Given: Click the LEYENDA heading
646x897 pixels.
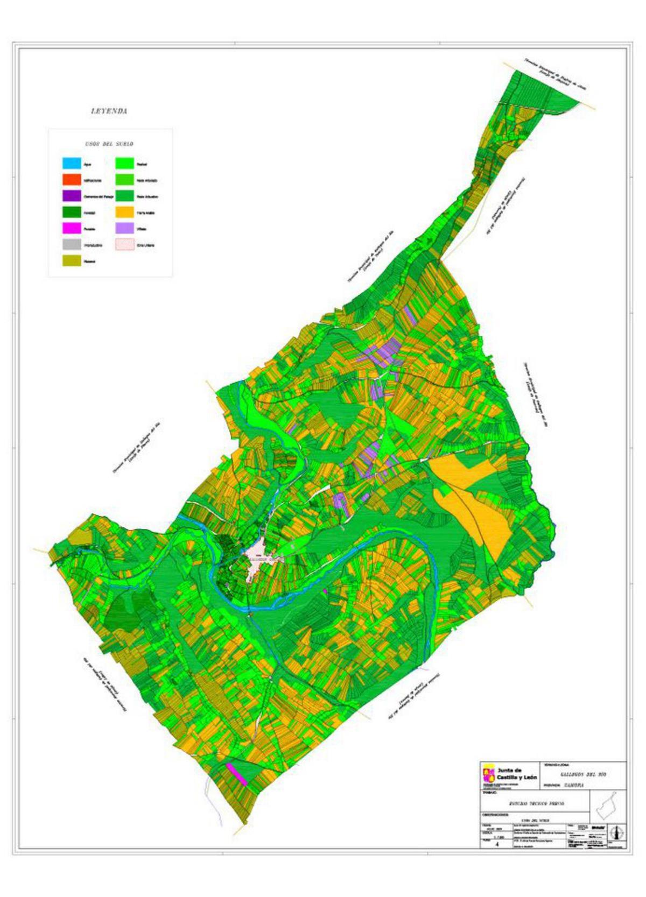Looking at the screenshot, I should coord(109,111).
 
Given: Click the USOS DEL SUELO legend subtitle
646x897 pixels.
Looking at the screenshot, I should coord(109,144).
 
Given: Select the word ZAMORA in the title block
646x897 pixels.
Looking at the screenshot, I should coord(572,785).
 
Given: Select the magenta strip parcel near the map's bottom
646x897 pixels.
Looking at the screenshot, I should coord(236,773).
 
